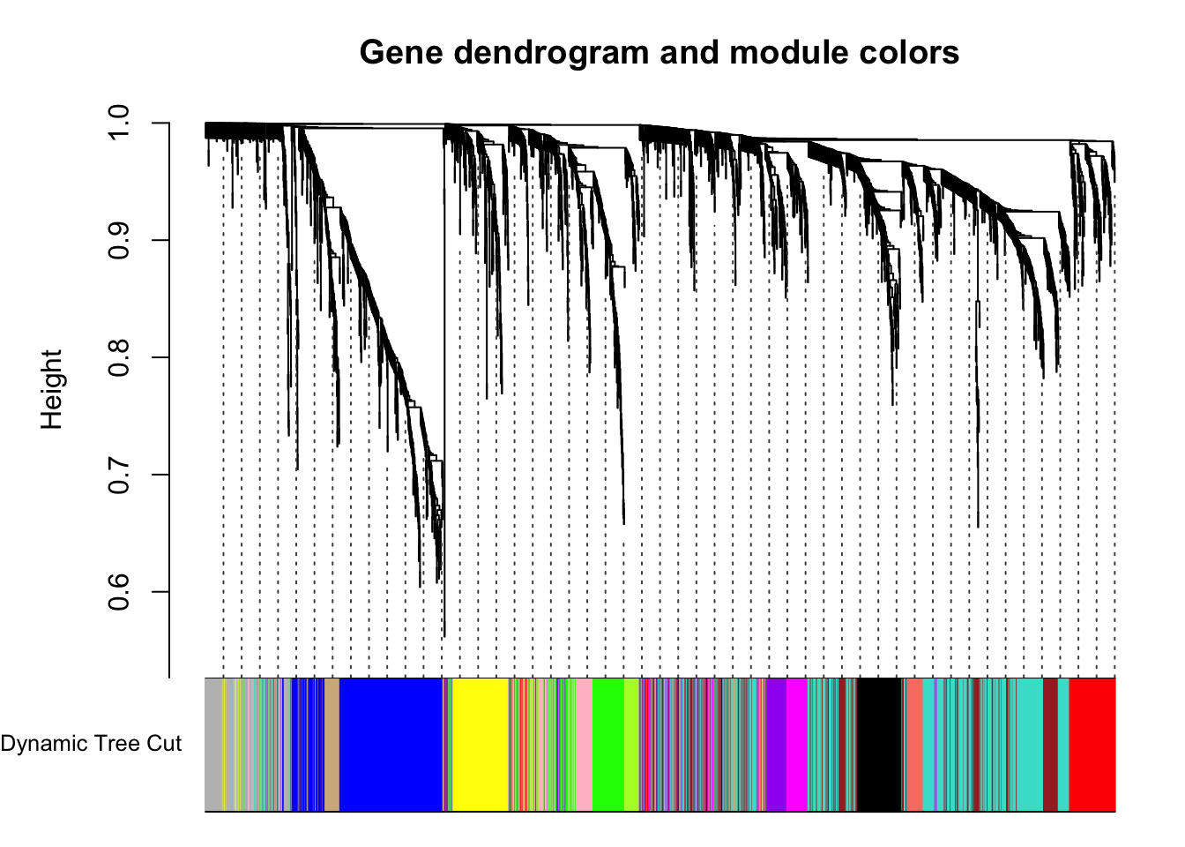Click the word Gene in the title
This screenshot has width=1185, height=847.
[x=401, y=52]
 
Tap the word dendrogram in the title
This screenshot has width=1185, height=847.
[x=551, y=52]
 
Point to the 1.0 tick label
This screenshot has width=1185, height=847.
[x=118, y=123]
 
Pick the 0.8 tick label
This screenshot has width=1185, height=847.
[x=118, y=358]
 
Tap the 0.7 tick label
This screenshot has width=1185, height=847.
[x=118, y=475]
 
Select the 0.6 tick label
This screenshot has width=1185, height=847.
[x=118, y=592]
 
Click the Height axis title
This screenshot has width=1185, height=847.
[x=52, y=389]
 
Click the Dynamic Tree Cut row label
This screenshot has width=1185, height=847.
[x=91, y=744]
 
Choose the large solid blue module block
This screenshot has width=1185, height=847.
[x=391, y=745]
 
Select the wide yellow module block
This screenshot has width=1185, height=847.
[x=481, y=745]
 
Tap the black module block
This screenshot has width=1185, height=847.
[x=879, y=745]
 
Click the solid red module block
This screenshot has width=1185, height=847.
[x=1092, y=745]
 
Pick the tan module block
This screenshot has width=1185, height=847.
[x=332, y=745]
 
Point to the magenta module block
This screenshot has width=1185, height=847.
[x=797, y=745]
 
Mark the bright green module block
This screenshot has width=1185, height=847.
[x=608, y=745]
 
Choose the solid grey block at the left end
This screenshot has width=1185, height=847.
[x=213, y=745]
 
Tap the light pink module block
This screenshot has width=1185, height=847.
[x=585, y=745]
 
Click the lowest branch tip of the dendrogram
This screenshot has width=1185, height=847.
[x=444, y=636]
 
